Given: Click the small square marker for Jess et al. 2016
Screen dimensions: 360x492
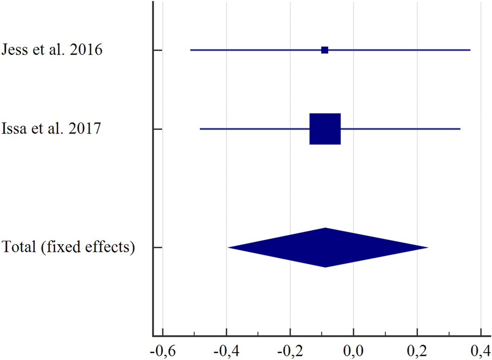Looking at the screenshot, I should [325, 50].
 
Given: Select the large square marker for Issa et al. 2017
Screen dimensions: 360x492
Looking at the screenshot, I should [325, 129].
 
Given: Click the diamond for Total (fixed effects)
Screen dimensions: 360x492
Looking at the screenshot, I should [326, 247].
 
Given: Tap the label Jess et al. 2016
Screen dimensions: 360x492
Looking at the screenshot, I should [52, 50].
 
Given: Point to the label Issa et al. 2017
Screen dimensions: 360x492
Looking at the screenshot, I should [51, 128].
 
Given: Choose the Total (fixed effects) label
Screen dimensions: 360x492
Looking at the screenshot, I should [69, 247].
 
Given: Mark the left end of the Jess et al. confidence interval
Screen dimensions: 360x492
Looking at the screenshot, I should [190, 50].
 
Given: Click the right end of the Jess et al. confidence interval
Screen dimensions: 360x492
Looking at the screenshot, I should [470, 50].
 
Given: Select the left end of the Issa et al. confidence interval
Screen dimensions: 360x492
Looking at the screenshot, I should [200, 129].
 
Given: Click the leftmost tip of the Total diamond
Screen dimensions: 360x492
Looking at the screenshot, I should [228, 247].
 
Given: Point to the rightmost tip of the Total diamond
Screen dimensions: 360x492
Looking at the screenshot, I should [428, 247].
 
